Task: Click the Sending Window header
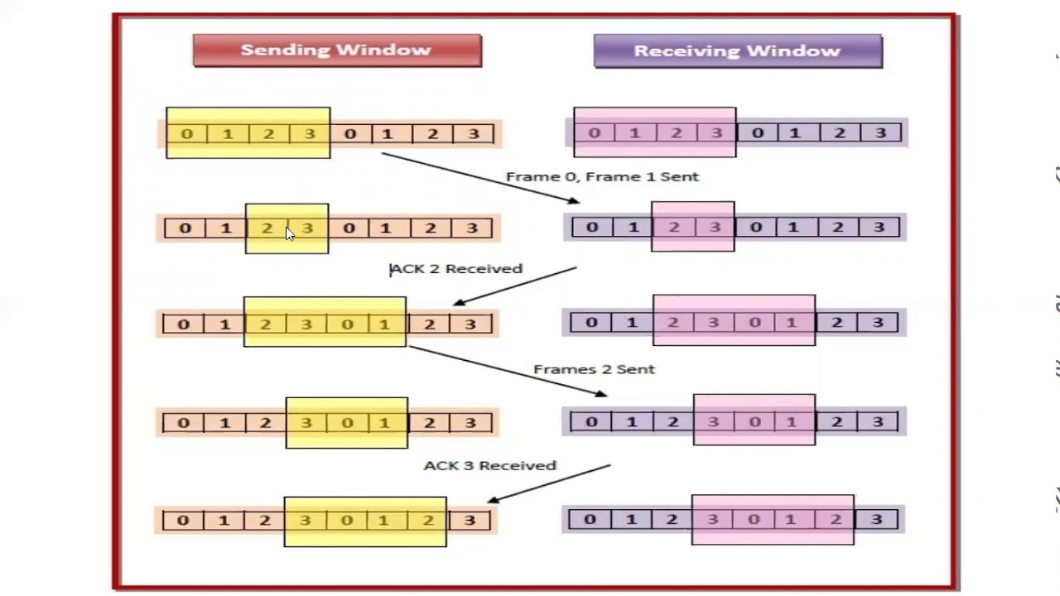coord(336,50)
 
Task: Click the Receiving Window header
coord(737,50)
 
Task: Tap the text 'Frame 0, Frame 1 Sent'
coord(602,176)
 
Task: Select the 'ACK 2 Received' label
coord(456,268)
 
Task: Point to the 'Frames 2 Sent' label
coord(594,369)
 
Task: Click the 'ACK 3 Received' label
coord(489,465)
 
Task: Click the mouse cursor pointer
coord(290,234)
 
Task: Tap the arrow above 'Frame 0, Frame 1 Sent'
coord(480,177)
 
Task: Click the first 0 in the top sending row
coord(187,133)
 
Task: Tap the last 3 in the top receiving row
coord(880,132)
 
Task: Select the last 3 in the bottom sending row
coord(470,521)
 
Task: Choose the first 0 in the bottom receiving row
coord(590,520)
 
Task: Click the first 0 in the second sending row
coord(185,228)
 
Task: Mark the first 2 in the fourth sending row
coord(265,423)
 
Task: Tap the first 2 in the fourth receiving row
coord(672,422)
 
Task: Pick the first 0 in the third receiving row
coord(591,322)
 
